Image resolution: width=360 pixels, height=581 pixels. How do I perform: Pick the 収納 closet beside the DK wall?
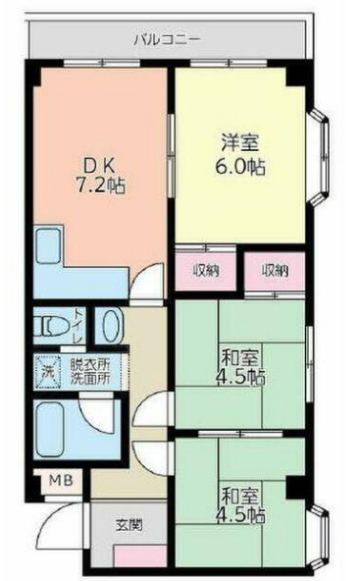205,269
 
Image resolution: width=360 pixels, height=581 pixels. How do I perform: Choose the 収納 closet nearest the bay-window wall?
275,269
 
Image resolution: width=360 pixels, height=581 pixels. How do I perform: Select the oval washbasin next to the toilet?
111,327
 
